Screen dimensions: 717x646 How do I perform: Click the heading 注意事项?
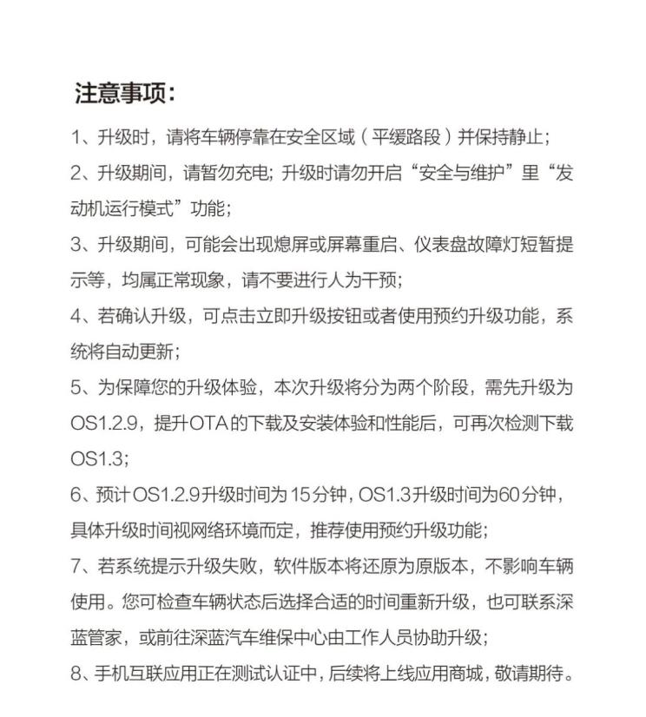tap(125, 93)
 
